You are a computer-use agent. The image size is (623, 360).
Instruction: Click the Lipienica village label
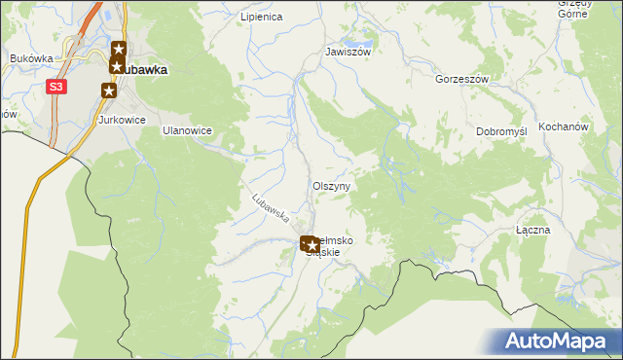pos(261,18)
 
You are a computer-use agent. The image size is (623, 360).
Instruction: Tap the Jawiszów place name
pos(348,53)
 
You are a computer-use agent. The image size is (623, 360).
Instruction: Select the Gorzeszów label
pos(461,79)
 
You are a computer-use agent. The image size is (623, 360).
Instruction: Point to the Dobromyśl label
pos(501,131)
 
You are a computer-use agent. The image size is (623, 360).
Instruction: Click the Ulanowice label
pos(187,130)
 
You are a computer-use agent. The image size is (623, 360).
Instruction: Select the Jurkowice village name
pos(122,120)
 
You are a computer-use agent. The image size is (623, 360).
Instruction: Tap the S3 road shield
pos(57,87)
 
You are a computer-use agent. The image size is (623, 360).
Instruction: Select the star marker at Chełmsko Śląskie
pos(309,244)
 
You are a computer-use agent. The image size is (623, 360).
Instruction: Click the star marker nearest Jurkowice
pos(109,90)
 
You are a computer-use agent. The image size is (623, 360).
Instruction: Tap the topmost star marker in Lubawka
pos(118,49)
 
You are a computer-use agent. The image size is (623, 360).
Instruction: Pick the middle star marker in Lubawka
pos(117,66)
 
